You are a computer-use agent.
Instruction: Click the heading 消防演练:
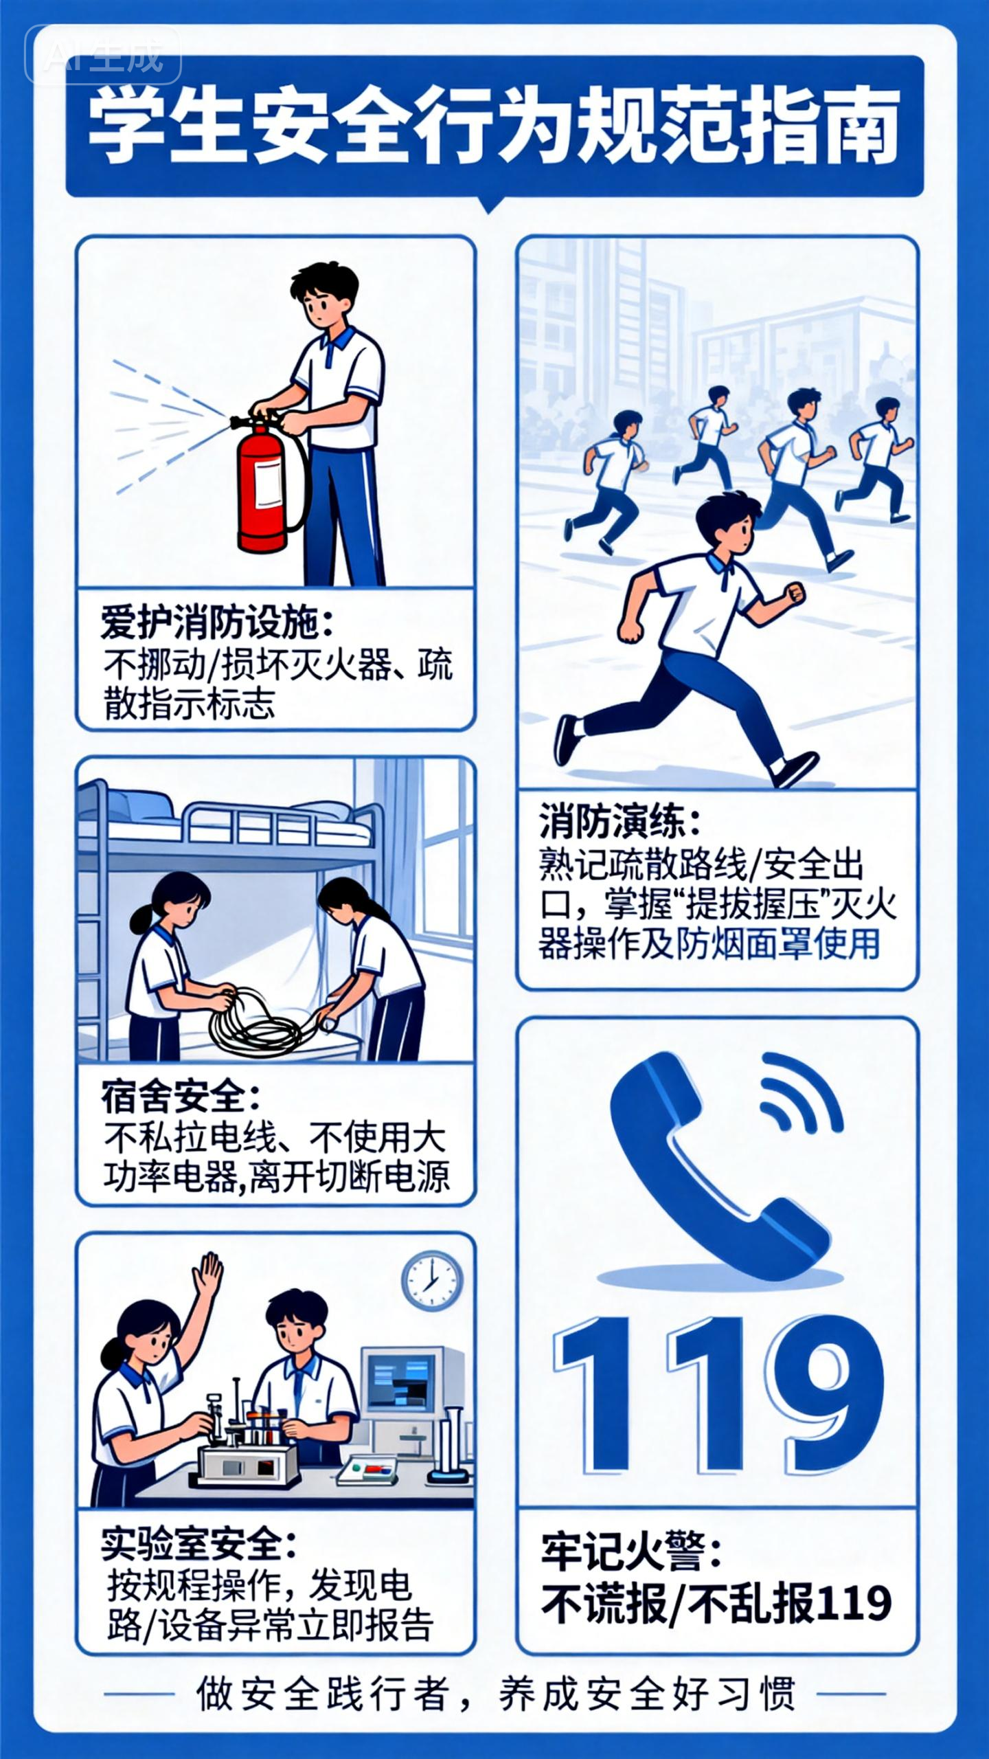622,822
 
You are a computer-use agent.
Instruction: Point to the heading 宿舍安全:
181,1097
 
